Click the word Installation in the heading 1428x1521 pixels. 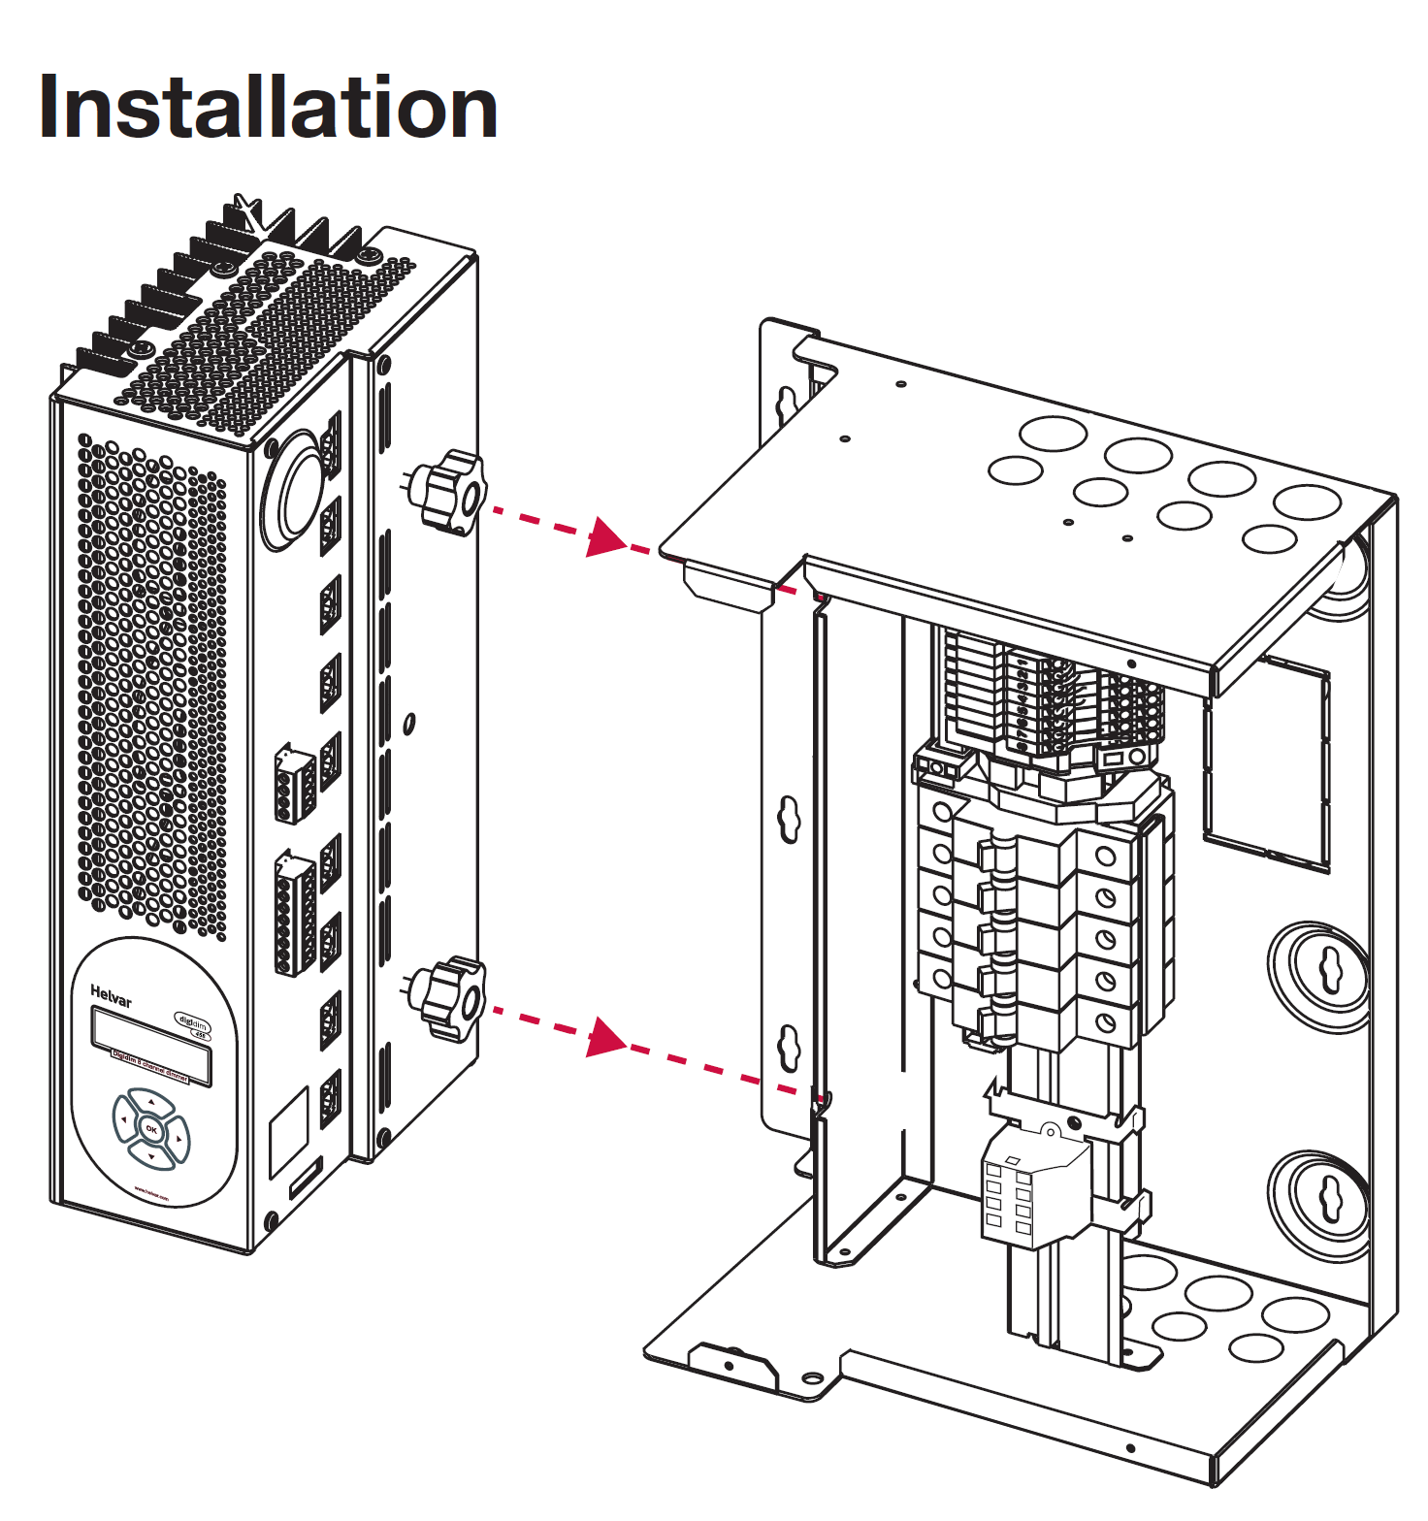point(268,108)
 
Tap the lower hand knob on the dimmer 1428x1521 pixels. point(449,999)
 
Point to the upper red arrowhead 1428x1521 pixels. point(606,536)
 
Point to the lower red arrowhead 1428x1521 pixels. point(606,1036)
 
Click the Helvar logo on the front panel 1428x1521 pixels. point(111,995)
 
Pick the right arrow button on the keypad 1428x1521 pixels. point(178,1136)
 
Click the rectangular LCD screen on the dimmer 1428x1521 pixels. point(150,1046)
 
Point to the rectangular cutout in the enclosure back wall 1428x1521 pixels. point(1266,760)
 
